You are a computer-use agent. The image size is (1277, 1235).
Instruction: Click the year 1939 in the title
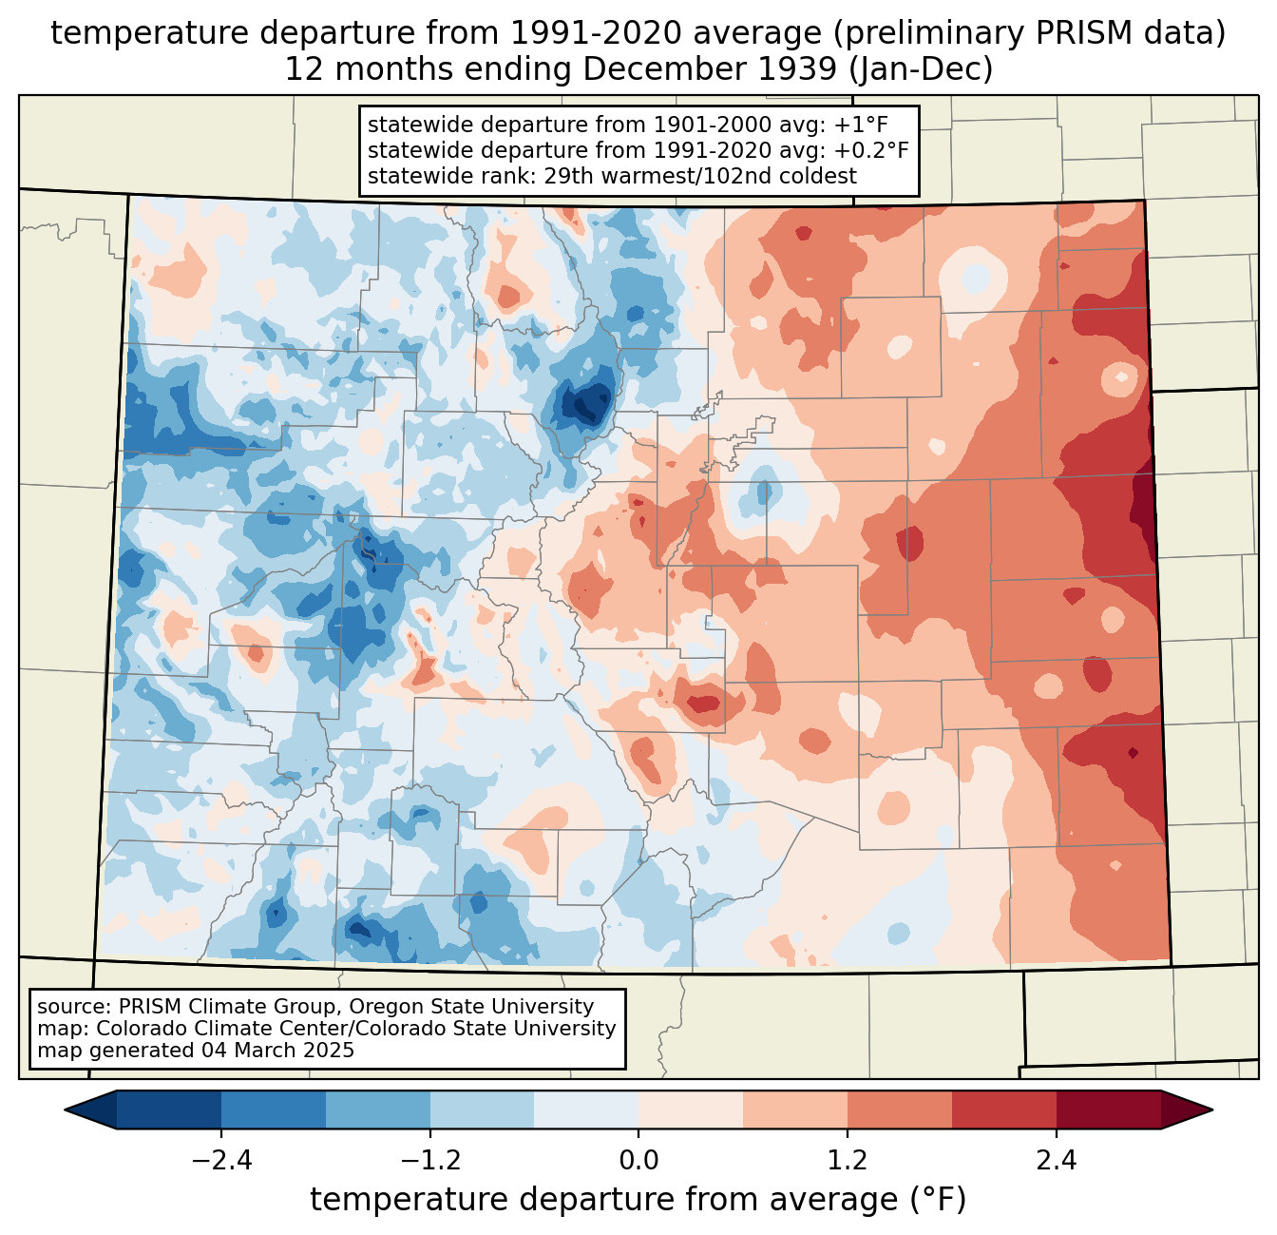click(x=799, y=69)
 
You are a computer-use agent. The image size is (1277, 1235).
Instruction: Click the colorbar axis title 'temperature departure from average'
click(x=602, y=1199)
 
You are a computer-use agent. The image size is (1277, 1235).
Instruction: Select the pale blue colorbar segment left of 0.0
click(x=586, y=1110)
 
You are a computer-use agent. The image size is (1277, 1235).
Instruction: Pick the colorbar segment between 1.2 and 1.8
click(x=900, y=1110)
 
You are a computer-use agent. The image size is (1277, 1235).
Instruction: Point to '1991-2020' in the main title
click(x=595, y=33)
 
